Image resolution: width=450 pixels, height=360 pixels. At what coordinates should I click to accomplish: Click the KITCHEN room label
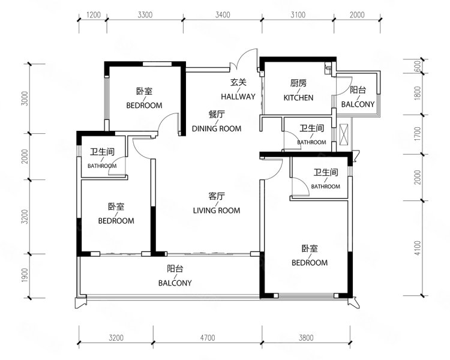point(298,98)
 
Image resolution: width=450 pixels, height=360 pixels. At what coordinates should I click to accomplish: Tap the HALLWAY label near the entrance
point(238,97)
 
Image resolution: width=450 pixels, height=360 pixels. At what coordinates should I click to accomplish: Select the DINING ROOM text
point(217,128)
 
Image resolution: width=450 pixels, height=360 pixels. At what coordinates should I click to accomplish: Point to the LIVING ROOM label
point(217,211)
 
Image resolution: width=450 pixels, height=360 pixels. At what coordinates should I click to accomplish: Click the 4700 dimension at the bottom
point(208,338)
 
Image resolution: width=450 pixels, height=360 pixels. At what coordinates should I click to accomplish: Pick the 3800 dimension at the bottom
point(306,338)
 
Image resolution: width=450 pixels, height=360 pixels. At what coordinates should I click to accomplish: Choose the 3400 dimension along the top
point(223,14)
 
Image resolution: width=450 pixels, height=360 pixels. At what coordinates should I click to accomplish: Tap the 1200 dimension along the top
point(93,14)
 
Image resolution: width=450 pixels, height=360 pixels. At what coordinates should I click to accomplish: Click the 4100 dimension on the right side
point(418,248)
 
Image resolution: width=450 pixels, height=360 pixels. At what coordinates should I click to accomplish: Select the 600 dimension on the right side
point(418,66)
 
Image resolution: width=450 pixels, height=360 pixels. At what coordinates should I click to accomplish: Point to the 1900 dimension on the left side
point(25,275)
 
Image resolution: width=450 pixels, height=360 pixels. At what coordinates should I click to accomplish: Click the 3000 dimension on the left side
point(25,98)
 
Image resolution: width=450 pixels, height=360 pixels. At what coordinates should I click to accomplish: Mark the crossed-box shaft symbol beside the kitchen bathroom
point(344,134)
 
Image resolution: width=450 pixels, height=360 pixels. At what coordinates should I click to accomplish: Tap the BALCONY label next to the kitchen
point(358,104)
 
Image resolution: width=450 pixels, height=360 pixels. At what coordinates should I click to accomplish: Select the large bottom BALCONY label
point(175,283)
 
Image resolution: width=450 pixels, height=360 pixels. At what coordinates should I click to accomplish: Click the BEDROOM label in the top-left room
point(144,106)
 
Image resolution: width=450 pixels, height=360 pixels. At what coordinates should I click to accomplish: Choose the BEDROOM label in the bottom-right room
point(310,263)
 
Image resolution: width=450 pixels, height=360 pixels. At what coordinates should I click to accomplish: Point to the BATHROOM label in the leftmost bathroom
point(102,166)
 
